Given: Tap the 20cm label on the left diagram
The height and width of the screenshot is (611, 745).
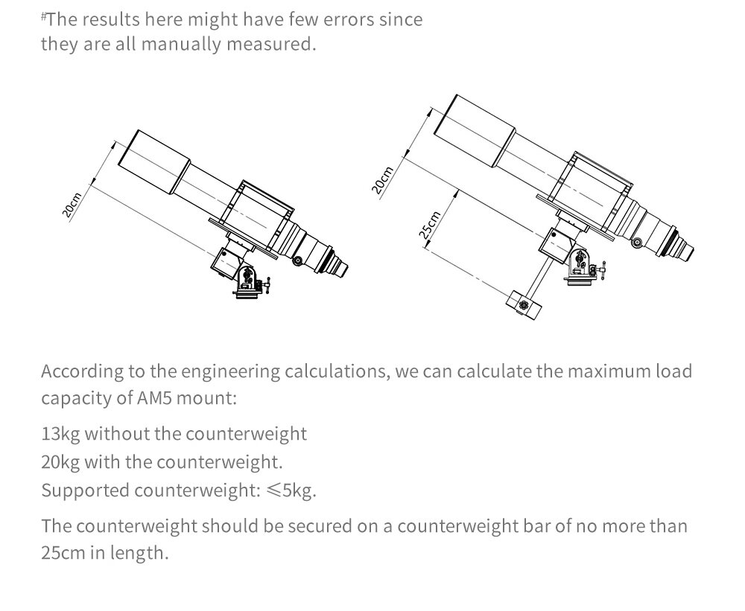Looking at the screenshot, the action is tap(72, 205).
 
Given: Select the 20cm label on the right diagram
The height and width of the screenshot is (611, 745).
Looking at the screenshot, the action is tap(382, 180).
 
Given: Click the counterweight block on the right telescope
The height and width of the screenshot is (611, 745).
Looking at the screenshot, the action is tap(524, 305).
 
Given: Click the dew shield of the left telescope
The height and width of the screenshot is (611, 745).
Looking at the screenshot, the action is tap(154, 162).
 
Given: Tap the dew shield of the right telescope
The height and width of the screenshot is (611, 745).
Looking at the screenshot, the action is tap(475, 131).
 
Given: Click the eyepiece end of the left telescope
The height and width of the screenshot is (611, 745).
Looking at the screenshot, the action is tap(340, 268).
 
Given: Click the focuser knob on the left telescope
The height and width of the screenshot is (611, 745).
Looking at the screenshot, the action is tap(297, 260).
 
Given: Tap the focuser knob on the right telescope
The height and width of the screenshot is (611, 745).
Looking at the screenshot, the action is tap(637, 242).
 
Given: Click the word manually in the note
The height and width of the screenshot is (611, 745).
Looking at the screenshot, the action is tap(182, 44).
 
